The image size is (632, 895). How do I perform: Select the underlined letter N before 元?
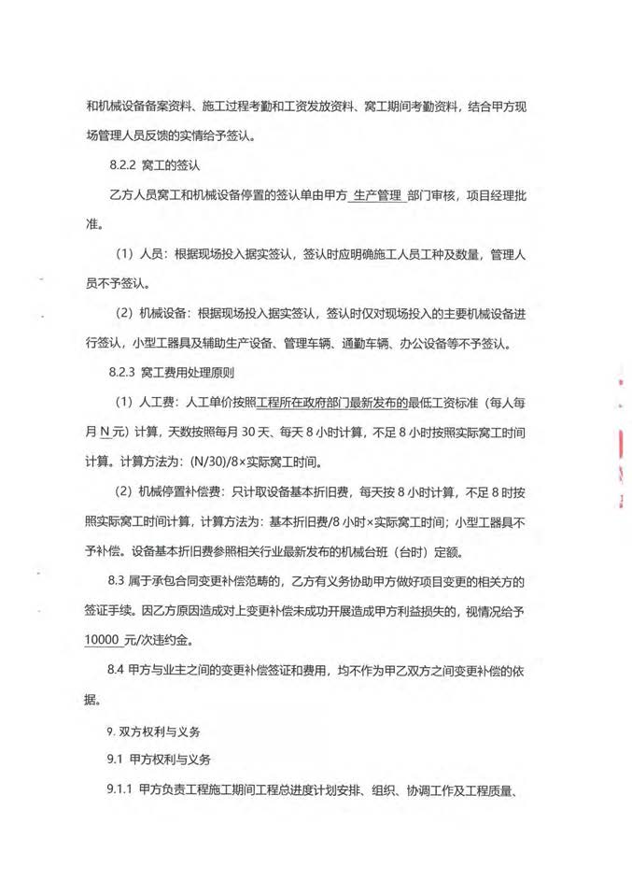click(x=105, y=432)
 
